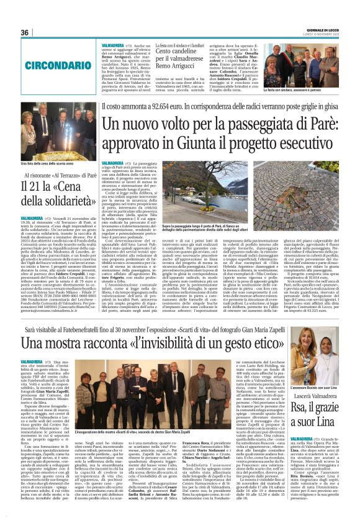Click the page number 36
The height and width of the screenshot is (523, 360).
tap(25, 32)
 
